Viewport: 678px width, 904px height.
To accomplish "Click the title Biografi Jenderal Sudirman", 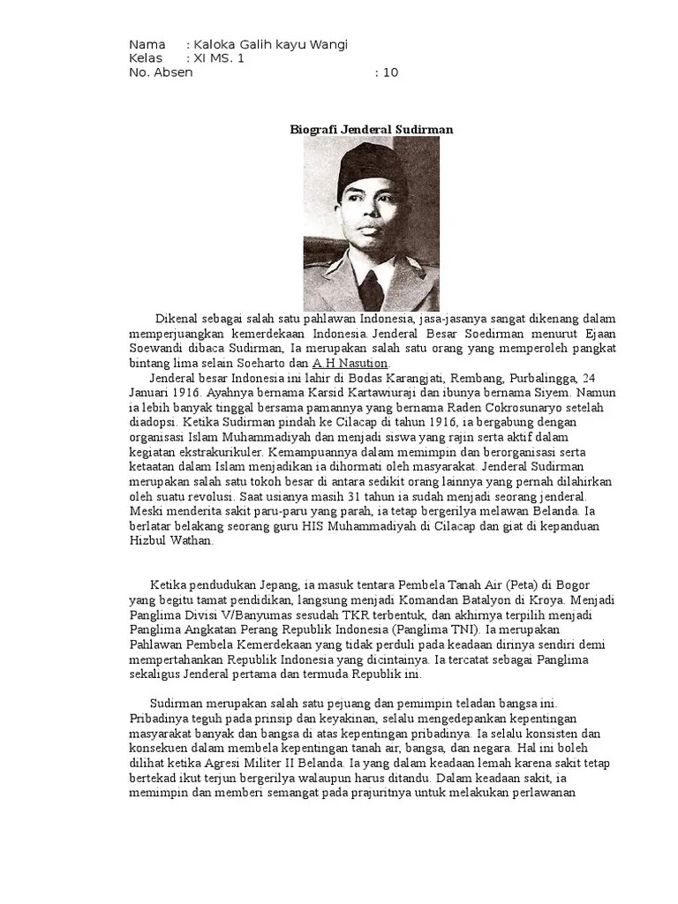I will pos(372,129).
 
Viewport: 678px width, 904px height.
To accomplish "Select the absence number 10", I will pos(390,72).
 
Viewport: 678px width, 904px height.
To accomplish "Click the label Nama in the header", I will pos(147,45).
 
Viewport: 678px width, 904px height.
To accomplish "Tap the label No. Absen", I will pos(161,72).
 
